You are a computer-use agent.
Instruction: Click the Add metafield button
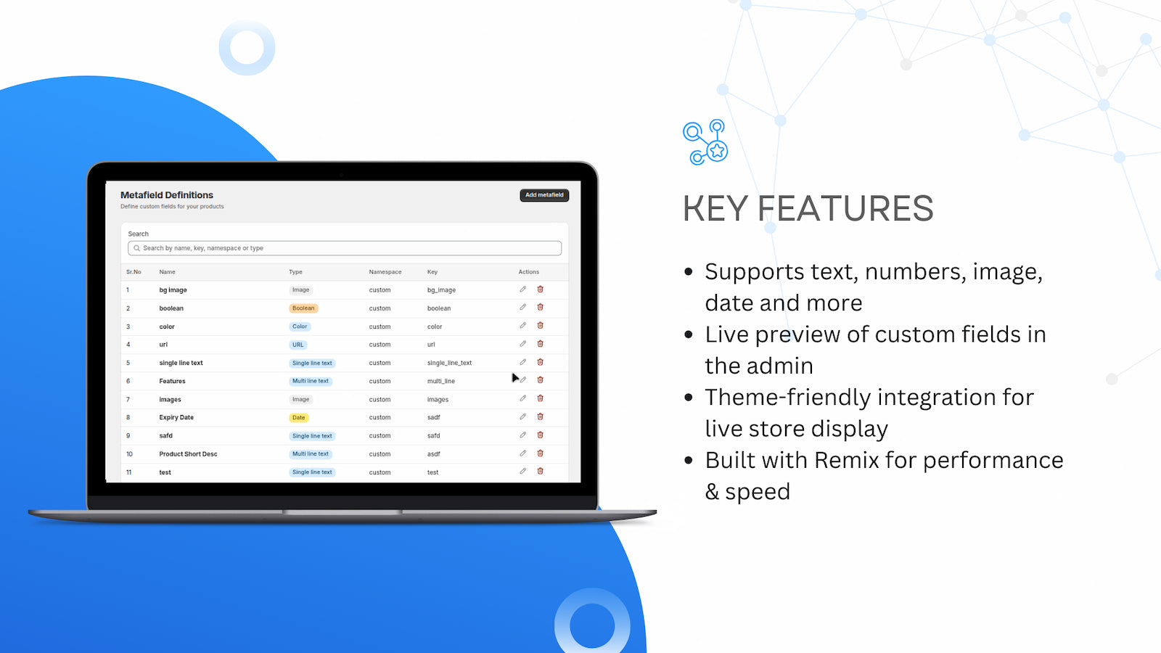[x=544, y=195]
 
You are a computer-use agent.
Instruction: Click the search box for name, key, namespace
[x=345, y=248]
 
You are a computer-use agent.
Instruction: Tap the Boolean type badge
[x=303, y=308]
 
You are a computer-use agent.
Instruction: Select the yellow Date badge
[x=298, y=418]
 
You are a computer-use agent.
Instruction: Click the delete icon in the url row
[x=540, y=344]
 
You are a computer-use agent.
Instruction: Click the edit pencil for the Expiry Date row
[x=523, y=416]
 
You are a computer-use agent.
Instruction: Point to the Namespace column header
[x=385, y=272]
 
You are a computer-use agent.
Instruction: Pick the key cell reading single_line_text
[x=449, y=363]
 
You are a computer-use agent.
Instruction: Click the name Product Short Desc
[x=188, y=454]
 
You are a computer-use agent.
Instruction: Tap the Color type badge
[x=300, y=326]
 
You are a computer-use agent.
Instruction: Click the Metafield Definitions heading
[x=167, y=195]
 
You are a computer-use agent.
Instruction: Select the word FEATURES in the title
[x=845, y=208]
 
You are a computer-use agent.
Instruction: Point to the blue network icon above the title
[x=705, y=142]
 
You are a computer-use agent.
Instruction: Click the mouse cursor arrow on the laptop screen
[x=514, y=377]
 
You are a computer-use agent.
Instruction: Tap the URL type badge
[x=298, y=345]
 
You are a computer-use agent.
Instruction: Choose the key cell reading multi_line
[x=441, y=381]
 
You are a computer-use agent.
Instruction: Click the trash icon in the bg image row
[x=540, y=289]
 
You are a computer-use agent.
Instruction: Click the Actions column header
[x=529, y=272]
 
